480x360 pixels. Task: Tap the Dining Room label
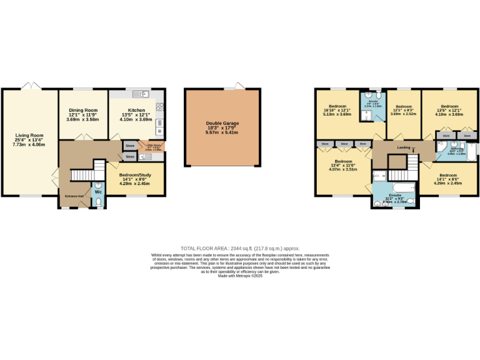pos(83,111)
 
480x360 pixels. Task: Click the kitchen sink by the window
pos(144,94)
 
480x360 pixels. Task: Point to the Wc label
pos(98,191)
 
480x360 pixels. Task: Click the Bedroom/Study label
pos(136,175)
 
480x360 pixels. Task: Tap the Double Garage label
pos(222,123)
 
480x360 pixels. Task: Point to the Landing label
pos(403,147)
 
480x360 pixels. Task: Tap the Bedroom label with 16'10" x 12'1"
pos(337,106)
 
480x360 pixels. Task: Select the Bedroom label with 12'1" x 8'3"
pos(403,106)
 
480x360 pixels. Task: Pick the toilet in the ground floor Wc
pos(97,201)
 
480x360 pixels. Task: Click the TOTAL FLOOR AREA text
pos(239,248)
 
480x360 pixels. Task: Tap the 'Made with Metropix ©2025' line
pos(239,276)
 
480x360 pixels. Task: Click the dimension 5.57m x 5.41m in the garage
pos(222,132)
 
